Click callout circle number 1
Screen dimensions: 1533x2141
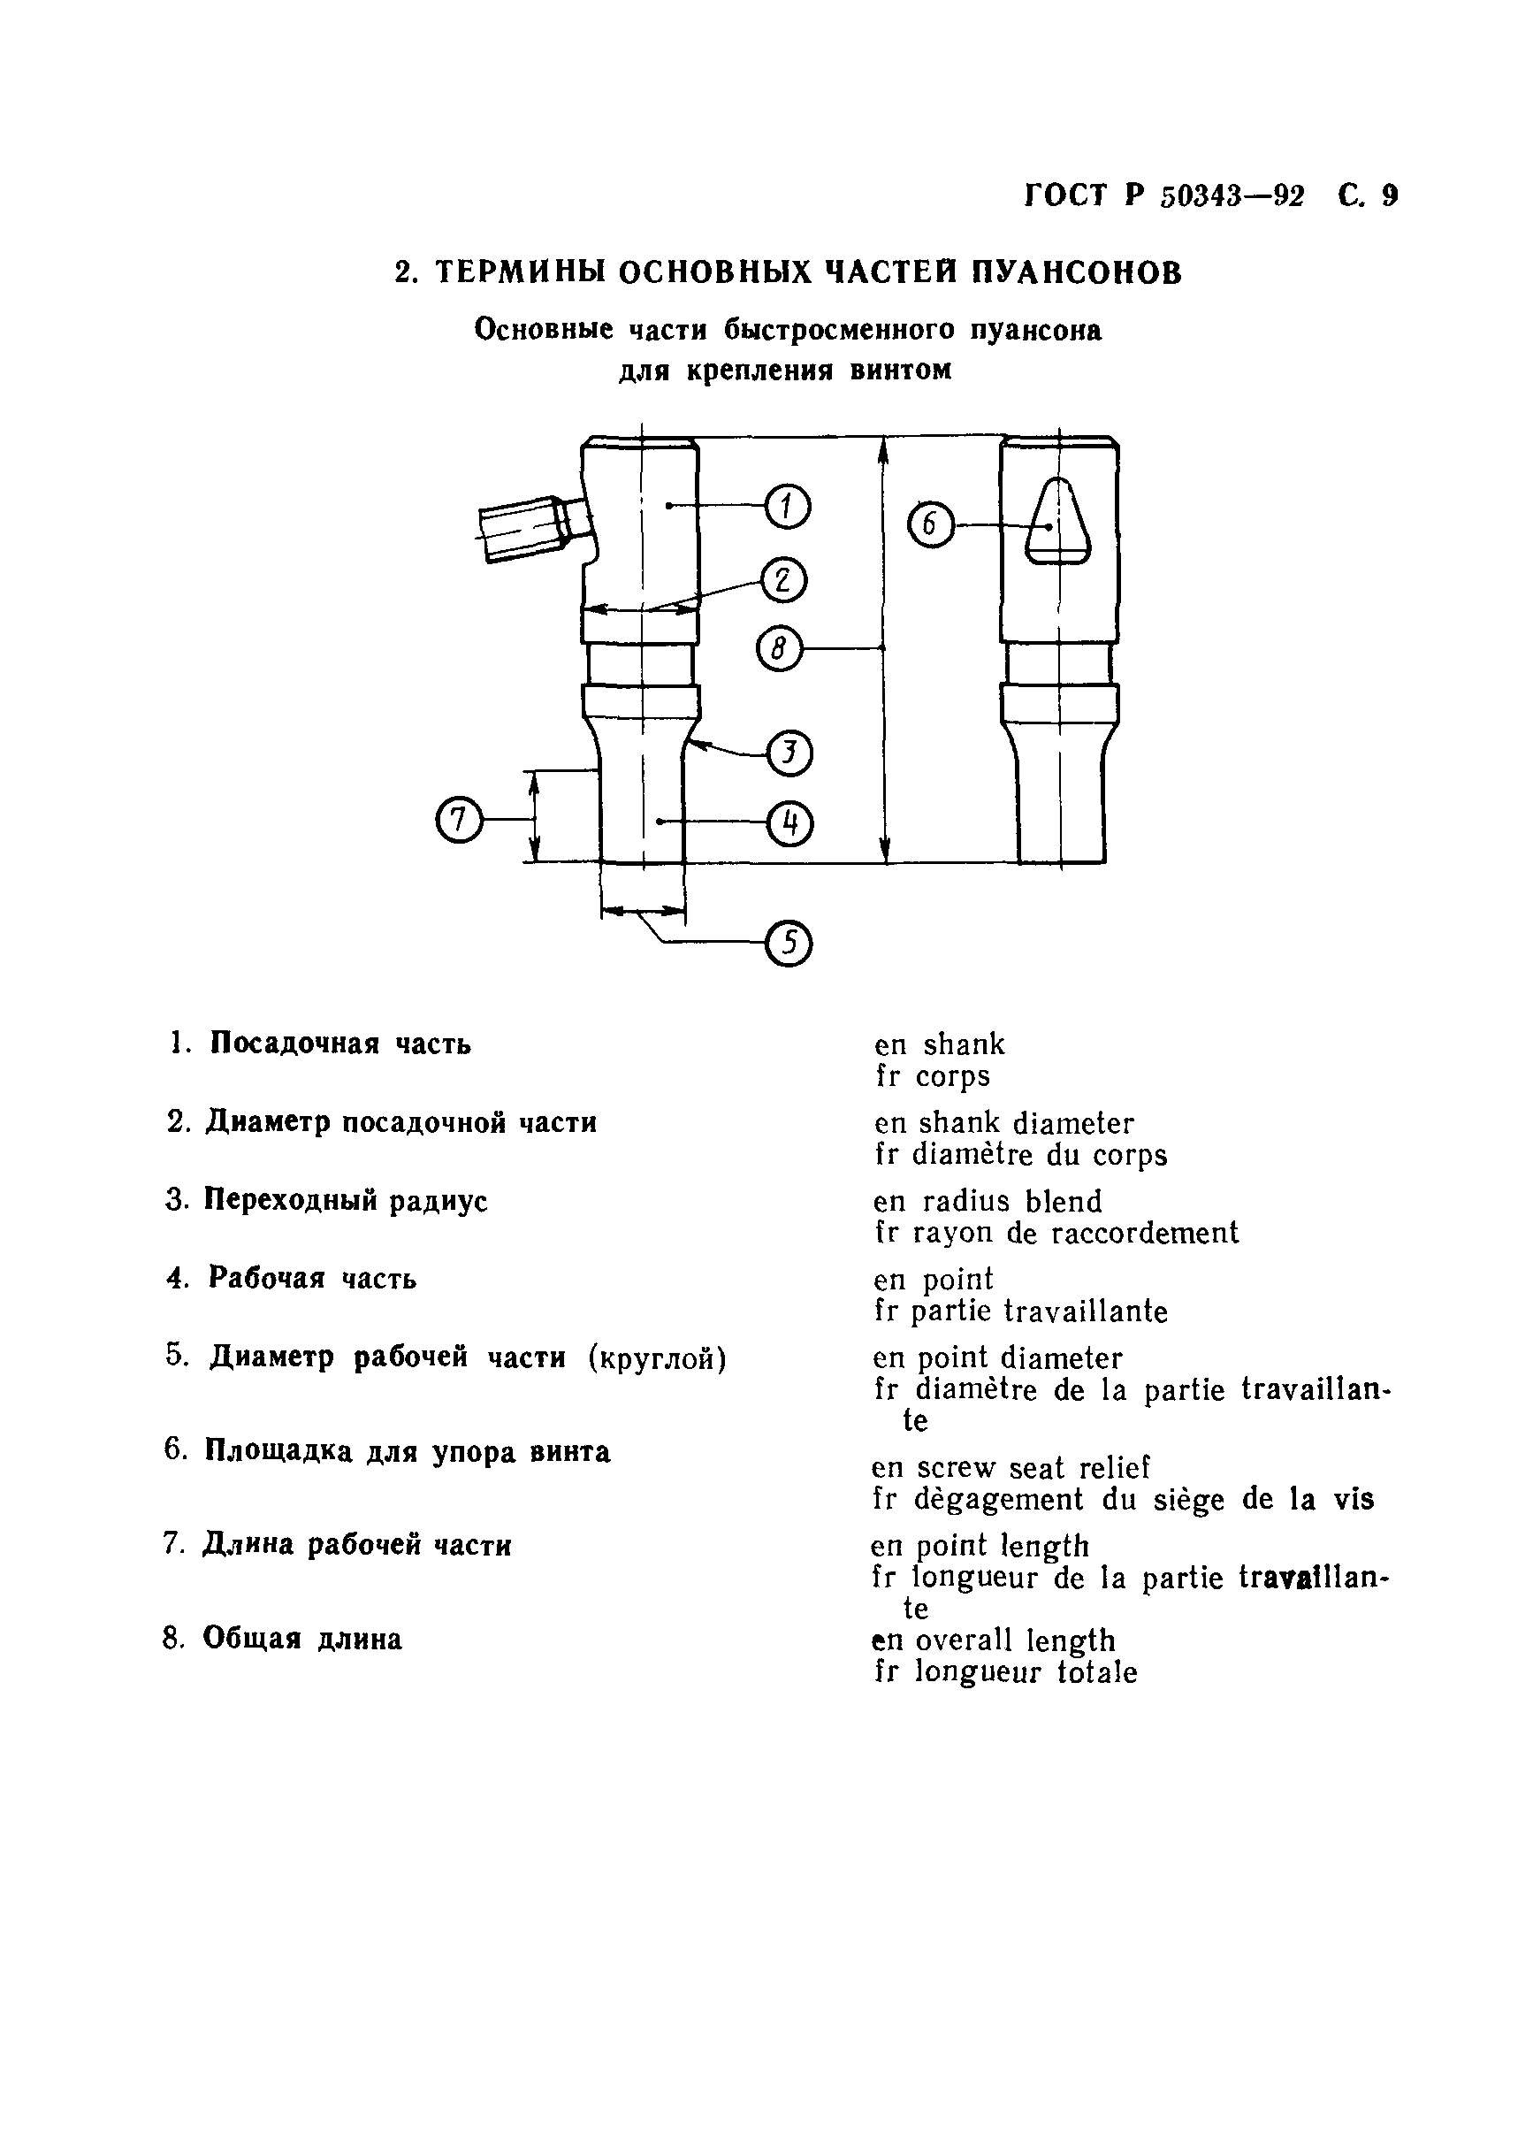(x=787, y=507)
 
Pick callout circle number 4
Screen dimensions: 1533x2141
(x=790, y=823)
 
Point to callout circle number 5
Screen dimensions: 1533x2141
(x=789, y=943)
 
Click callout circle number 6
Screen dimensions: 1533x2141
(x=931, y=525)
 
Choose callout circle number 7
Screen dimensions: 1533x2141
(x=459, y=820)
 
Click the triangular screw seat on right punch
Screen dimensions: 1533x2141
(x=1058, y=524)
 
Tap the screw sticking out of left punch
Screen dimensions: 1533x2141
(x=529, y=530)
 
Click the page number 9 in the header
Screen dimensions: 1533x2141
(x=1390, y=195)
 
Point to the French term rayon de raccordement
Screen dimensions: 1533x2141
(x=1075, y=1233)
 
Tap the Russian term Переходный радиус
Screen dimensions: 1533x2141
(x=346, y=1201)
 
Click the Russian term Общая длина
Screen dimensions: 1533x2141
(x=302, y=1638)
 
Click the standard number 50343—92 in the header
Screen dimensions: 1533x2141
(x=1232, y=196)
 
